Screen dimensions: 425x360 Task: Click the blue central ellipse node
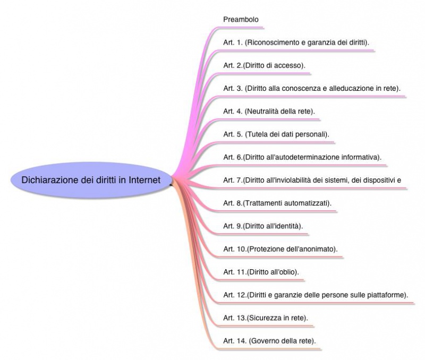click(x=91, y=180)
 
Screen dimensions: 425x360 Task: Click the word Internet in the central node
click(x=144, y=180)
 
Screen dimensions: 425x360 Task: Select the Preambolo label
click(x=241, y=20)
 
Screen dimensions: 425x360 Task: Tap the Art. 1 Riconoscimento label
click(x=296, y=42)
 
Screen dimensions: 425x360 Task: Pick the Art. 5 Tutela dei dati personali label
click(x=276, y=134)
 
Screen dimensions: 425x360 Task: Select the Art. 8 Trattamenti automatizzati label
click(x=277, y=203)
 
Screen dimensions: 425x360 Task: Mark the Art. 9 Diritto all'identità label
click(x=263, y=226)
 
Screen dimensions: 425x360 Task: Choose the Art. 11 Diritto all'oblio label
click(x=261, y=272)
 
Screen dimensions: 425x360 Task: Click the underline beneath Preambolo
click(x=241, y=28)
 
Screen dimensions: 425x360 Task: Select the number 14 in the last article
click(x=242, y=341)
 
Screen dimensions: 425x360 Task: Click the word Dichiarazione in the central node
click(x=49, y=180)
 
